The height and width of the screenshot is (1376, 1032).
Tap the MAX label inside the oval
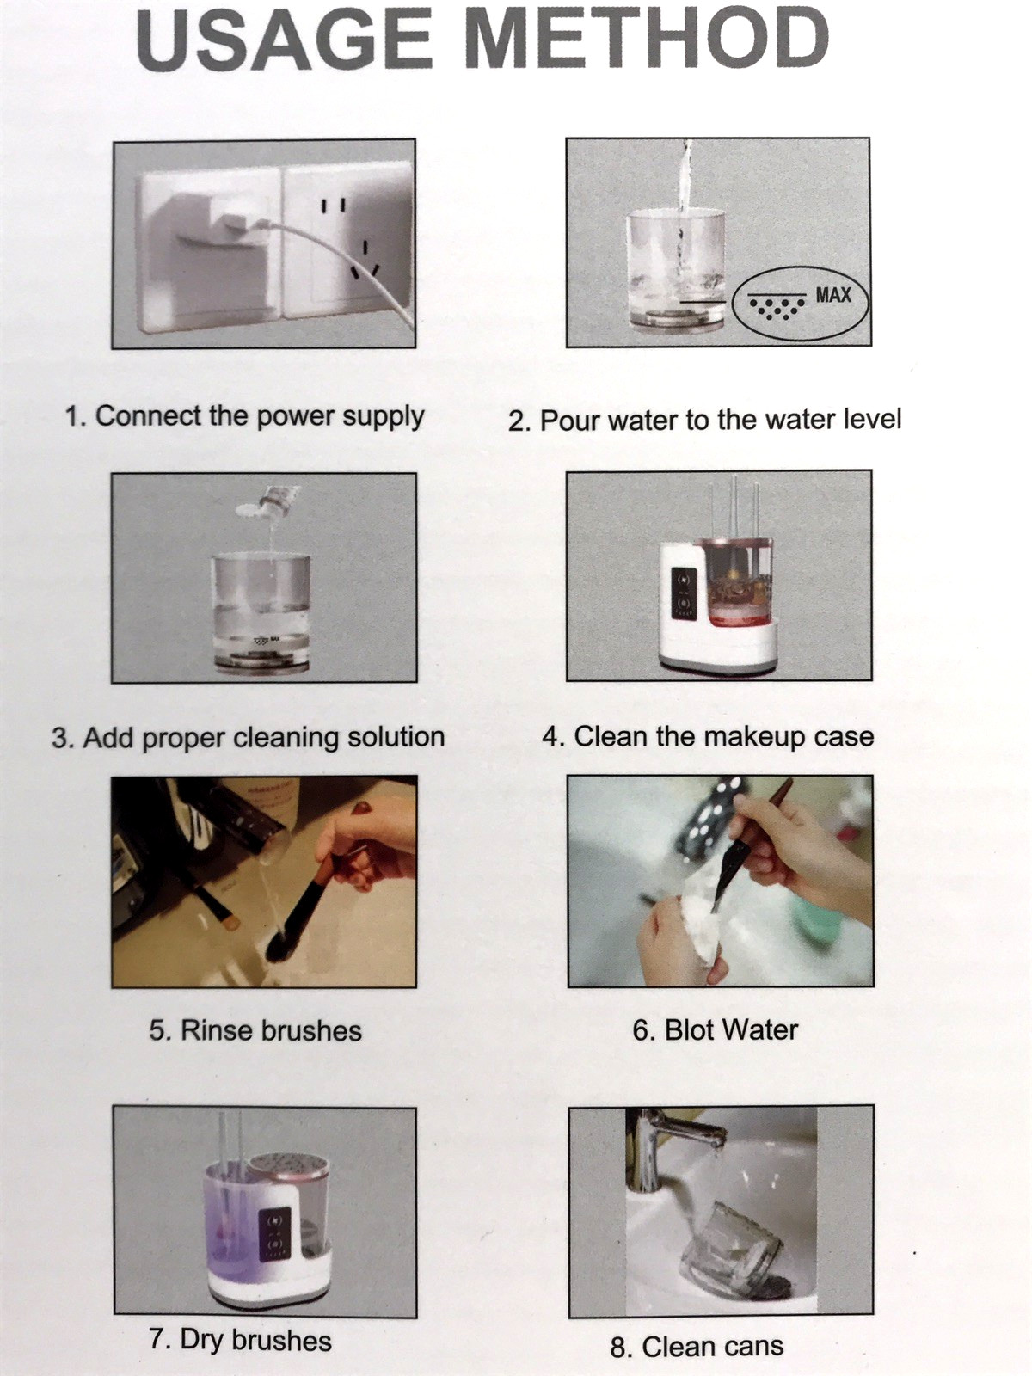pos(832,295)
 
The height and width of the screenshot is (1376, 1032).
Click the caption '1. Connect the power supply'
pos(245,417)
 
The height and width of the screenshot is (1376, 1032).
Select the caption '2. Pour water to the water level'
pos(705,420)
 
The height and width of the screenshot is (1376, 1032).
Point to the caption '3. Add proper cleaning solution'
pos(249,737)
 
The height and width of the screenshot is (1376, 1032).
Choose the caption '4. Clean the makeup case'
pos(708,736)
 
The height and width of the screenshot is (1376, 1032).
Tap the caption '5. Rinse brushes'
pos(255,1030)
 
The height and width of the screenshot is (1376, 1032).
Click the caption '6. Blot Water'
pos(715,1030)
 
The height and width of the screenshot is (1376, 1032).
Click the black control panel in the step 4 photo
pos(682,591)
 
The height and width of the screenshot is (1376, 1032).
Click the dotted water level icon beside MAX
pos(777,305)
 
